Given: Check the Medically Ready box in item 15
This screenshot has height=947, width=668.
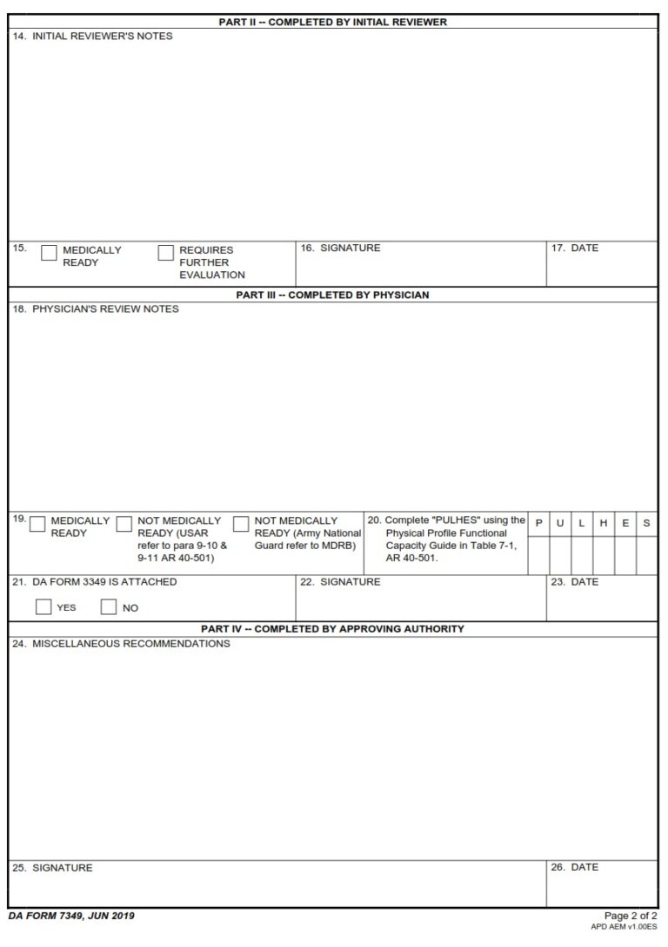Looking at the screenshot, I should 49,253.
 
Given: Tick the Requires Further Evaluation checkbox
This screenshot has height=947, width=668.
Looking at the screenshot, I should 165,253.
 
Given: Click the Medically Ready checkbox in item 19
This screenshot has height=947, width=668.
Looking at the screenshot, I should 37,524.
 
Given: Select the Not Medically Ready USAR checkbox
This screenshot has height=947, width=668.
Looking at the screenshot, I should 124,524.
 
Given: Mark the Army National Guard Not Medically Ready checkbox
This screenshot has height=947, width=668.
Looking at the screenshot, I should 241,524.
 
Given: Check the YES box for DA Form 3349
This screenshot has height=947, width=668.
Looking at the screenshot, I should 43,607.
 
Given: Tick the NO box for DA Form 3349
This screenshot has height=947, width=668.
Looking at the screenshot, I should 109,607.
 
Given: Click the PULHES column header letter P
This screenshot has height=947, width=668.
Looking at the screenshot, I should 538,523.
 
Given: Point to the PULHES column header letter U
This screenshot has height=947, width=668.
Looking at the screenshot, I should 560,523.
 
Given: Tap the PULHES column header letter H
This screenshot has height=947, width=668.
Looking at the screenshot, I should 604,523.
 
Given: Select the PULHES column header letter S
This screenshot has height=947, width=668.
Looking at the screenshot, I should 646,523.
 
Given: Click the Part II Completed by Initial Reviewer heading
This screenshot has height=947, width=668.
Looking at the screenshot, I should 332,22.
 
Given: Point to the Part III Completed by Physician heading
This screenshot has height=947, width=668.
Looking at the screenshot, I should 332,295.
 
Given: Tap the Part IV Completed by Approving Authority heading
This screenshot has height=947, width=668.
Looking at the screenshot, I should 332,628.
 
